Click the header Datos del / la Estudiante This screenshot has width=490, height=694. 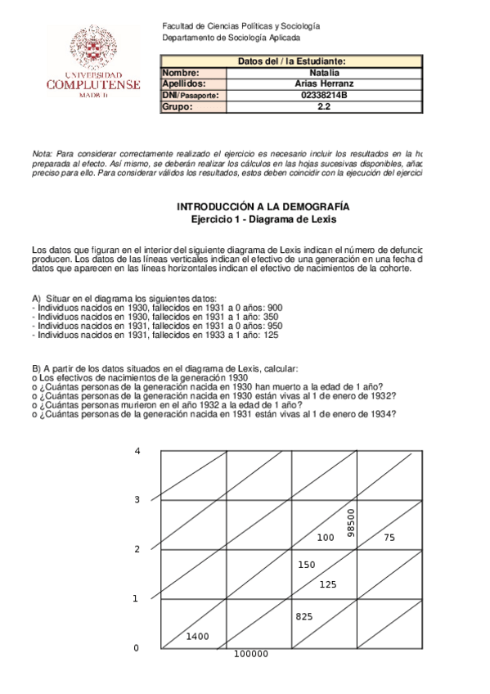coord(291,61)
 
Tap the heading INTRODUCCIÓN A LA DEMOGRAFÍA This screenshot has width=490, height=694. coord(263,208)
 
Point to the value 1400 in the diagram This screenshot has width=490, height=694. coord(197,636)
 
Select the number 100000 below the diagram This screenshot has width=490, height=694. coord(251,654)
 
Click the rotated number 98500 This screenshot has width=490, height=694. coord(351,523)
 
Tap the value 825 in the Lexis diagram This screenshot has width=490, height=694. coord(305,616)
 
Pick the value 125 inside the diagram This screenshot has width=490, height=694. coord(328,584)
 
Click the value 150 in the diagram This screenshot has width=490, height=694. coord(306,565)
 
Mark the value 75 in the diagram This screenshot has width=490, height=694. coord(389,537)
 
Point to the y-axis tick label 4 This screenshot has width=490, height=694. coord(137,451)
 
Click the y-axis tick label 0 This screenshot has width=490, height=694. coord(136,648)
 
